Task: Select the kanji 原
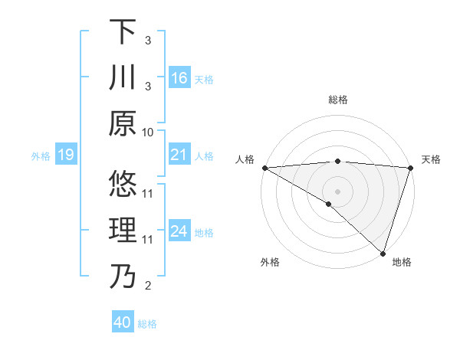click(123, 123)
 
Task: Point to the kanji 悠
click(123, 184)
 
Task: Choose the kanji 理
click(123, 231)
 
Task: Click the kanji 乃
click(123, 277)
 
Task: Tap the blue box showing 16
click(179, 78)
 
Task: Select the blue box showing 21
click(179, 155)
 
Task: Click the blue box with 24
click(179, 232)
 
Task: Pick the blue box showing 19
click(65, 155)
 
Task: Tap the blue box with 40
click(123, 322)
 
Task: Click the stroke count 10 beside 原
click(148, 133)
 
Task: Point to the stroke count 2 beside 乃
click(148, 286)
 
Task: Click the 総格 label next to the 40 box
click(148, 324)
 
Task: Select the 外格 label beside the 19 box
click(41, 156)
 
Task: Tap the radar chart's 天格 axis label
click(431, 159)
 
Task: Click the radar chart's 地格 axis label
click(402, 262)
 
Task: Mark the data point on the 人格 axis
click(264, 168)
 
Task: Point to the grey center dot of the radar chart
click(337, 191)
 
